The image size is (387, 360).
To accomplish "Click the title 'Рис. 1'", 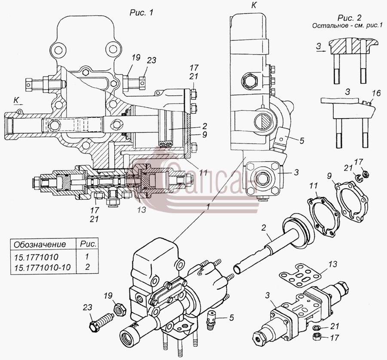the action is coord(141,12).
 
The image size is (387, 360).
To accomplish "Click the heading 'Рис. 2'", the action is coord(350,18).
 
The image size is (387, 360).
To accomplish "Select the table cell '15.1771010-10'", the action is coord(43,268).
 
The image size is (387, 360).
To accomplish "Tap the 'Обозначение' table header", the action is coord(40,244).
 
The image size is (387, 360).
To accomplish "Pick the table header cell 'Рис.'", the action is coord(88,244).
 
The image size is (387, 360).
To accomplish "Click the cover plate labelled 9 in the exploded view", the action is coord(351,199).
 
